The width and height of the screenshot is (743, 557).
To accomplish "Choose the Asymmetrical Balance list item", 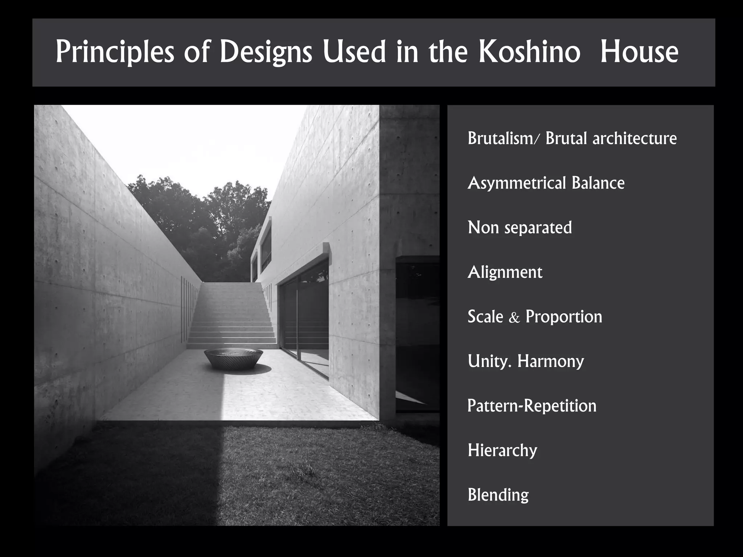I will click(x=546, y=183).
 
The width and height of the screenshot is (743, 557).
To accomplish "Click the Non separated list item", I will click(x=520, y=227).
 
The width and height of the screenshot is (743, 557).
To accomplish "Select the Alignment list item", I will click(x=505, y=272).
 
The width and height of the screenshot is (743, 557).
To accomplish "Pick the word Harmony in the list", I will click(x=551, y=361).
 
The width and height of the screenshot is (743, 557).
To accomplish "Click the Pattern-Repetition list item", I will click(x=532, y=405).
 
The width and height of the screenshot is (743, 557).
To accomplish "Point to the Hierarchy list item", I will click(x=502, y=450).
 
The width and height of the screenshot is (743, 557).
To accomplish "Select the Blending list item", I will click(x=498, y=495).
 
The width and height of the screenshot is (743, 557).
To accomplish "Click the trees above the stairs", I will click(x=203, y=218).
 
